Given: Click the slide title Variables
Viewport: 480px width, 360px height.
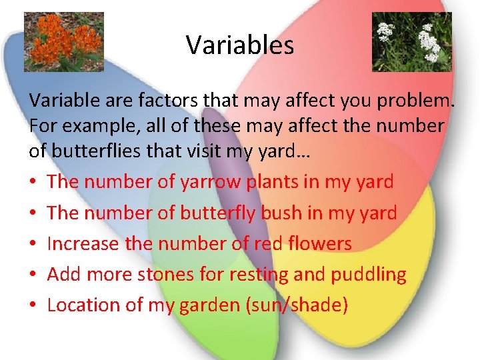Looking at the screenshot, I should tap(240, 45).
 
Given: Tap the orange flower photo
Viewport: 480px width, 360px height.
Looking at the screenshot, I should tap(63, 41).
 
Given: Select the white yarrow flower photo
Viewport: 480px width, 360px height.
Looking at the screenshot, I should tap(411, 41).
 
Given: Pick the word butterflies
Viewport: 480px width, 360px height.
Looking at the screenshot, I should tap(100, 151).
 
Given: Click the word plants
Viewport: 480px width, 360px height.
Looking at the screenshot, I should tap(274, 181).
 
